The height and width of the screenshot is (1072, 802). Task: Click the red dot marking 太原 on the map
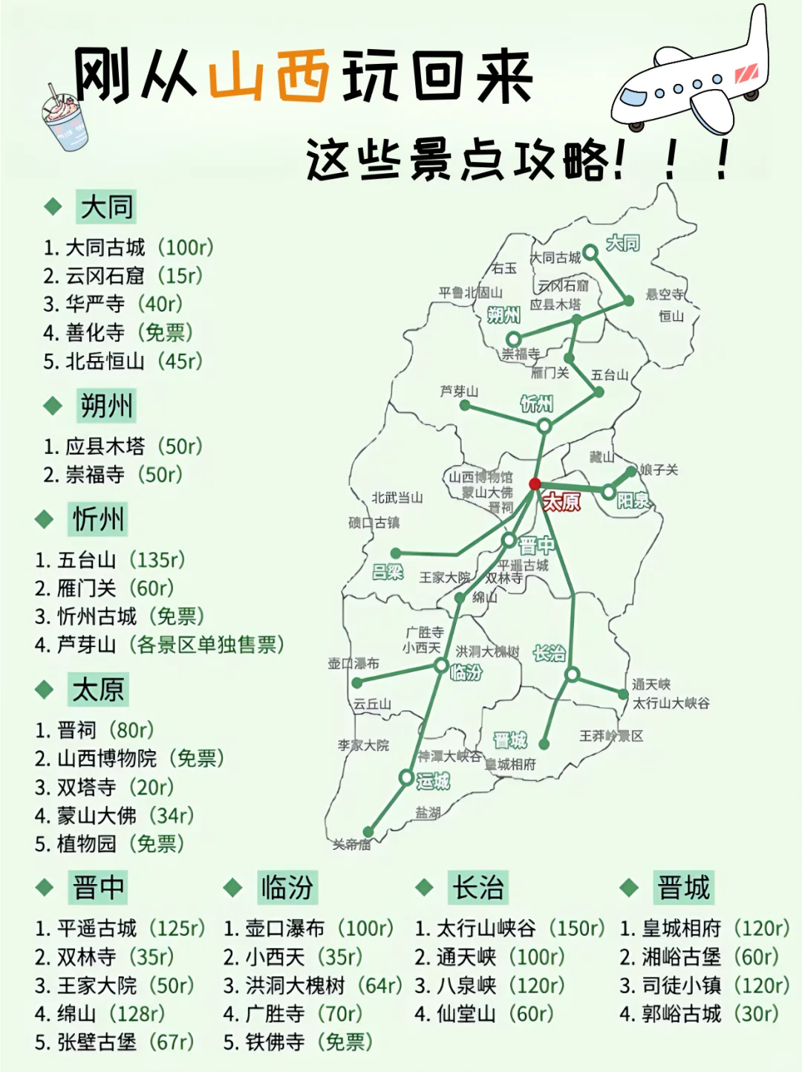coord(535,484)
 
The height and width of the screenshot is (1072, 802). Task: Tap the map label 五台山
coord(610,375)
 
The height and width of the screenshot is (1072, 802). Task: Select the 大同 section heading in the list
coord(106,207)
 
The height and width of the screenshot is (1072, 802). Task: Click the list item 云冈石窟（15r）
coord(123,276)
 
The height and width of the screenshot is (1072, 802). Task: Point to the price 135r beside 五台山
coord(157,559)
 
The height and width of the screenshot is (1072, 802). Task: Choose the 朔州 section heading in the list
coord(106,406)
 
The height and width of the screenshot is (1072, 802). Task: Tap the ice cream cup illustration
coord(65,119)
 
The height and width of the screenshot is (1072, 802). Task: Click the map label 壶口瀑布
coord(353,663)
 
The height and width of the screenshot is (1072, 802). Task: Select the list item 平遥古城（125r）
coord(120,929)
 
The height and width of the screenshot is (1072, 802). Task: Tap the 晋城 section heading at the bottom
coord(683,887)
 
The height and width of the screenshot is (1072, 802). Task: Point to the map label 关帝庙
coord(351,844)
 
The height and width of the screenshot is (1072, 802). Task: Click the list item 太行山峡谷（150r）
coord(509,929)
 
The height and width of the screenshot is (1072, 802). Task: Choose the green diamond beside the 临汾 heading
coord(233,887)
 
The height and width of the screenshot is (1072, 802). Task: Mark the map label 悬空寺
coord(665,294)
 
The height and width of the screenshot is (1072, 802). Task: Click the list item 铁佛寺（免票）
coord(297,1042)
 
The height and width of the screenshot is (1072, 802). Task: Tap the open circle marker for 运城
coord(406,778)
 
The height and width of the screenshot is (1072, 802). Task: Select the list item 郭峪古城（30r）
coord(700,1014)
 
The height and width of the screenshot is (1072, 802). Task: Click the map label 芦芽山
coord(459,391)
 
